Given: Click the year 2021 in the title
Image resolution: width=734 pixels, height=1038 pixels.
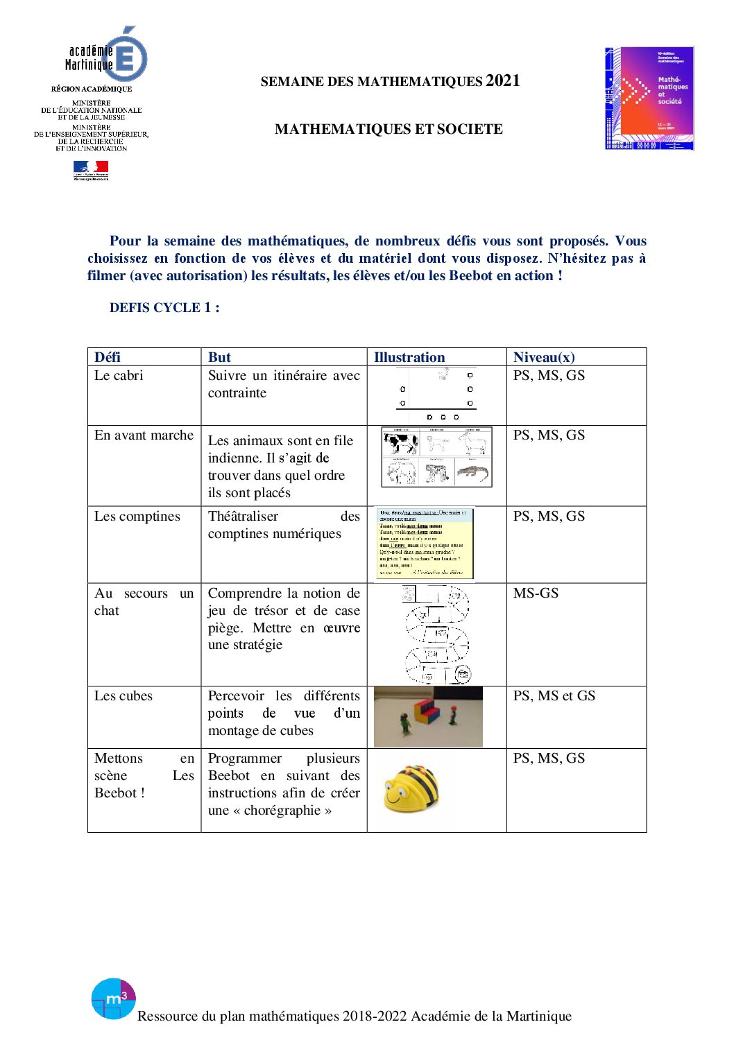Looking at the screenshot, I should [502, 80].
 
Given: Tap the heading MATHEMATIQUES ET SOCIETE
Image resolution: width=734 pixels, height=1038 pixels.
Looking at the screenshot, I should [389, 129].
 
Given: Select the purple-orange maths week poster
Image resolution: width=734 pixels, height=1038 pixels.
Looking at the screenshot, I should [649, 98].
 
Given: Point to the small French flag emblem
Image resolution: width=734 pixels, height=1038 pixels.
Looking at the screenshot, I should [91, 169].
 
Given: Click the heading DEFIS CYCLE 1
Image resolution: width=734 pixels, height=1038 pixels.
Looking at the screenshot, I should [164, 308].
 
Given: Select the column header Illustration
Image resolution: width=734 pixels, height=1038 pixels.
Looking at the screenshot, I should [409, 357].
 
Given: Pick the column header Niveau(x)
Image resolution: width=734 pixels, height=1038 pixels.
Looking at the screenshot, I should [544, 357].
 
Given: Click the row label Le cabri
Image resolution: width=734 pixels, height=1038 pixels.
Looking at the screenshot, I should [119, 375].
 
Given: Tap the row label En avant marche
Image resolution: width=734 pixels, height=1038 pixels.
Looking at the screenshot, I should [144, 435].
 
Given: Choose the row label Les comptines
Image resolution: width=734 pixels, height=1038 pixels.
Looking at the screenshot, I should [137, 516].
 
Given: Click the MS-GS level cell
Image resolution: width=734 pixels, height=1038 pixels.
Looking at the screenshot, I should [536, 593].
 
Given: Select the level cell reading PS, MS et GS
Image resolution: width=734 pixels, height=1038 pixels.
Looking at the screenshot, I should [554, 695].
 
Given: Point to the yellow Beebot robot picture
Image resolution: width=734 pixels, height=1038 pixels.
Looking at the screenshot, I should [411, 788].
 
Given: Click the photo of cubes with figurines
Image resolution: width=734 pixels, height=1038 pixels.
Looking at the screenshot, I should [427, 717].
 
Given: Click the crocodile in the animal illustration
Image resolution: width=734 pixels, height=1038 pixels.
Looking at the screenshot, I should [473, 473].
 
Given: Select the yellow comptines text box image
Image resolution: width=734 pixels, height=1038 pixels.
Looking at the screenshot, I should [425, 544].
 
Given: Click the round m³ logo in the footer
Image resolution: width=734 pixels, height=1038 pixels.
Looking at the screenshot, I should [113, 998].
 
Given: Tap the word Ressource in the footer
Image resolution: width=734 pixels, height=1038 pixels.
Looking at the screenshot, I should [167, 1016].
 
